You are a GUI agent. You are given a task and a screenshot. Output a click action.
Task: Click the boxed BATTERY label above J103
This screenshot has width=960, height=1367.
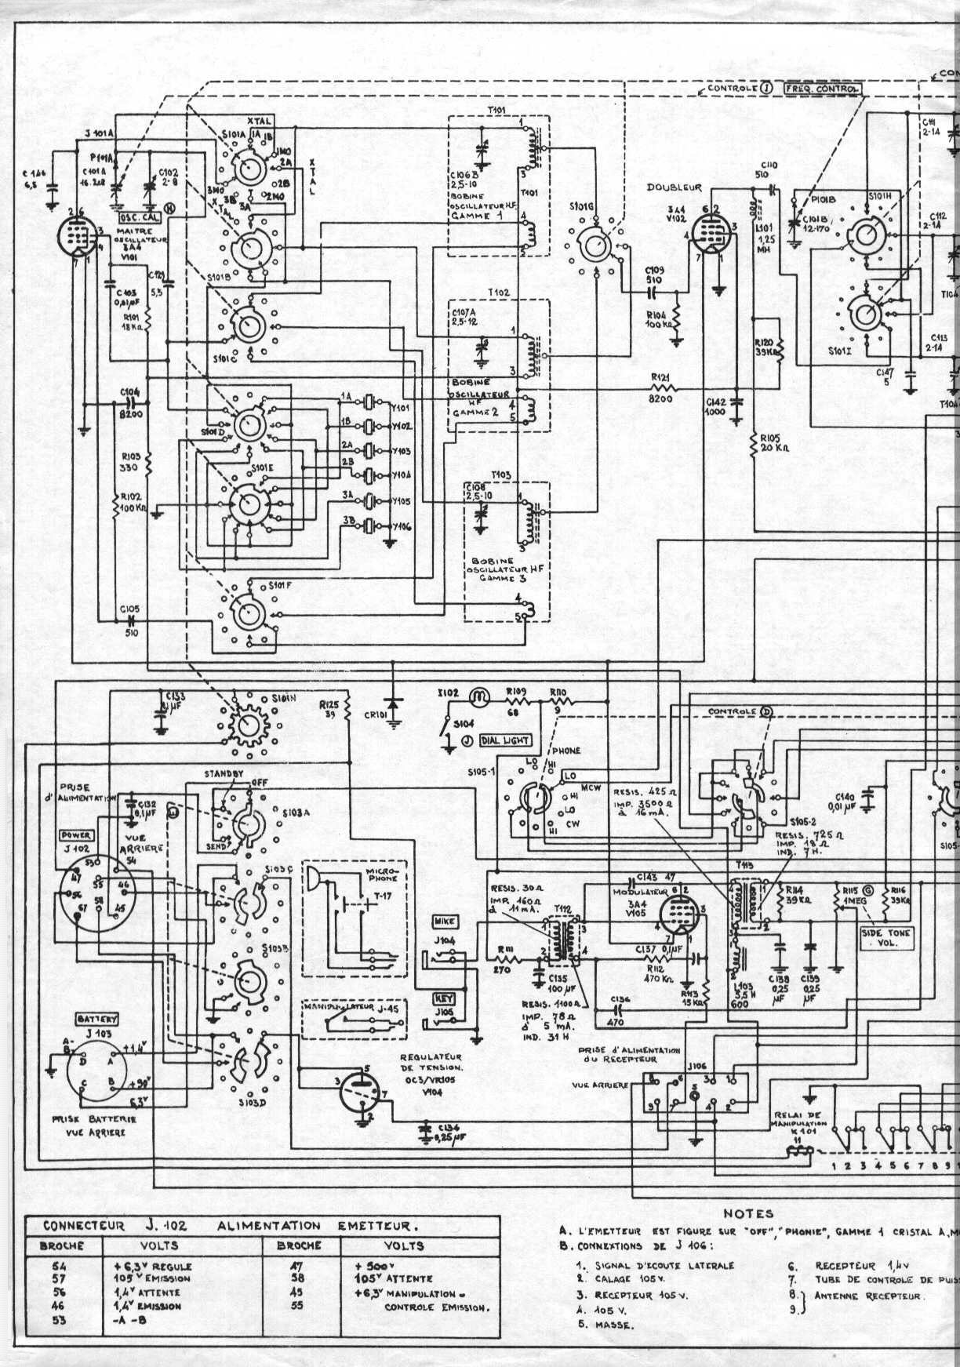point(96,1019)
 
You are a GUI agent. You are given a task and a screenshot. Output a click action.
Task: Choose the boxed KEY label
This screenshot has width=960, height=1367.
point(443,999)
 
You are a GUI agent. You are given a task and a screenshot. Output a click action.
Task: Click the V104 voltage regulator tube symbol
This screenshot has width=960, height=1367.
point(358,1089)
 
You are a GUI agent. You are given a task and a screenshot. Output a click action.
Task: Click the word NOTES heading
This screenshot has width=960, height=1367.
point(748,1213)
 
